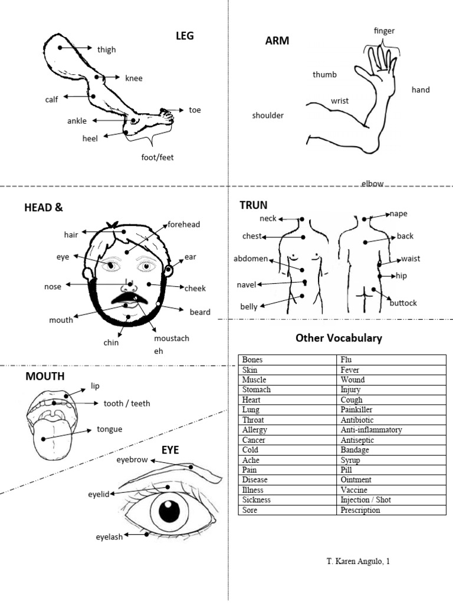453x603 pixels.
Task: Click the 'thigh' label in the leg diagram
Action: click(107, 50)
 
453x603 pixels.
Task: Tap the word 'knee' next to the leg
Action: click(133, 78)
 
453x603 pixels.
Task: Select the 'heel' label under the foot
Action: click(90, 138)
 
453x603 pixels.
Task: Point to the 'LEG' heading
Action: click(185, 36)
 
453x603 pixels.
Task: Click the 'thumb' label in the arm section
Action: click(324, 75)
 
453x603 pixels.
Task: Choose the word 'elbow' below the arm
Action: click(372, 184)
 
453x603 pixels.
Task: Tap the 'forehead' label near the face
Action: click(184, 224)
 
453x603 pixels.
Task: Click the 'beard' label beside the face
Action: click(199, 312)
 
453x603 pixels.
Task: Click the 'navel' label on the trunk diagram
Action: click(247, 285)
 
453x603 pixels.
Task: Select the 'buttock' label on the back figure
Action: click(403, 303)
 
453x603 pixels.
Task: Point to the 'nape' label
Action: click(398, 214)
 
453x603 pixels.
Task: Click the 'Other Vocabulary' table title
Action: click(339, 338)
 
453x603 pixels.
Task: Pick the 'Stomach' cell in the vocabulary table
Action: click(257, 390)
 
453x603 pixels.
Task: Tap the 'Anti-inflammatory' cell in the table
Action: click(371, 430)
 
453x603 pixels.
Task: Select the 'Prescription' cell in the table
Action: click(360, 510)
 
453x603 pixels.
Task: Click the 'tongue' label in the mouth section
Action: click(110, 429)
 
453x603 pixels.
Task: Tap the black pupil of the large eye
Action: click(169, 511)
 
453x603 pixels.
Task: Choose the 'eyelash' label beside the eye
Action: click(110, 537)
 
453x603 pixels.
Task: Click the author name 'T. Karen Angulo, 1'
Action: click(358, 561)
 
